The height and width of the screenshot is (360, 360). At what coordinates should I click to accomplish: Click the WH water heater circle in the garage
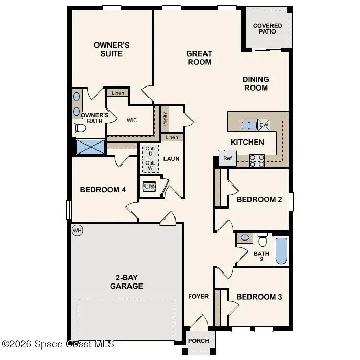[x=78, y=231]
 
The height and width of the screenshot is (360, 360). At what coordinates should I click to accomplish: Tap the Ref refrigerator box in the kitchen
[x=227, y=158]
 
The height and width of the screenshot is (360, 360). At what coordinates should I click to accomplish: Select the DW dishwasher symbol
[x=264, y=125]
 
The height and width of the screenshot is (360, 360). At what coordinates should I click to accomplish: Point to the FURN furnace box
[x=149, y=187]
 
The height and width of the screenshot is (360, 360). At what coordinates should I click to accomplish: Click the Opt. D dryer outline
[x=150, y=150]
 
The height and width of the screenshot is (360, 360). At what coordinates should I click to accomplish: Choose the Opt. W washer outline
[x=150, y=165]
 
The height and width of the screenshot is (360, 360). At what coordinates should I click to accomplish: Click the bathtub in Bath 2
[x=281, y=252]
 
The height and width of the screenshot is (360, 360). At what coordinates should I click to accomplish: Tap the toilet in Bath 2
[x=263, y=239]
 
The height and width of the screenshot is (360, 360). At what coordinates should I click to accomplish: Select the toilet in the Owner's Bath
[x=80, y=128]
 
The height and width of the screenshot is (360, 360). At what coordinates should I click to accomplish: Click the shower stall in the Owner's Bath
[x=90, y=146]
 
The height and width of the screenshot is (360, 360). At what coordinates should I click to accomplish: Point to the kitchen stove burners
[x=257, y=160]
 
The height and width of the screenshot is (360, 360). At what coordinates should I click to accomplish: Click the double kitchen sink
[x=248, y=125]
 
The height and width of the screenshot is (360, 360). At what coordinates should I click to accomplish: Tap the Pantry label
[x=165, y=119]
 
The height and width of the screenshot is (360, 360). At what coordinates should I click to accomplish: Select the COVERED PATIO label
[x=267, y=28]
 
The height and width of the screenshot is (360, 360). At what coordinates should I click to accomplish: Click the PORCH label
[x=199, y=341]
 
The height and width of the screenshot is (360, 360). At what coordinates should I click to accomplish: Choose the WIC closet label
[x=132, y=120]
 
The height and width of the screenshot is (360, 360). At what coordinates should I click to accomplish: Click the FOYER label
[x=199, y=297]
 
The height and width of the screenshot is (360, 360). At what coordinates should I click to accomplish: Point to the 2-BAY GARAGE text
[x=126, y=282]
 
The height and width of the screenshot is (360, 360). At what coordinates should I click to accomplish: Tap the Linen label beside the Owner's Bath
[x=118, y=93]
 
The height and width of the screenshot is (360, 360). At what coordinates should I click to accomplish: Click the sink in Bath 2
[x=245, y=238]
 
